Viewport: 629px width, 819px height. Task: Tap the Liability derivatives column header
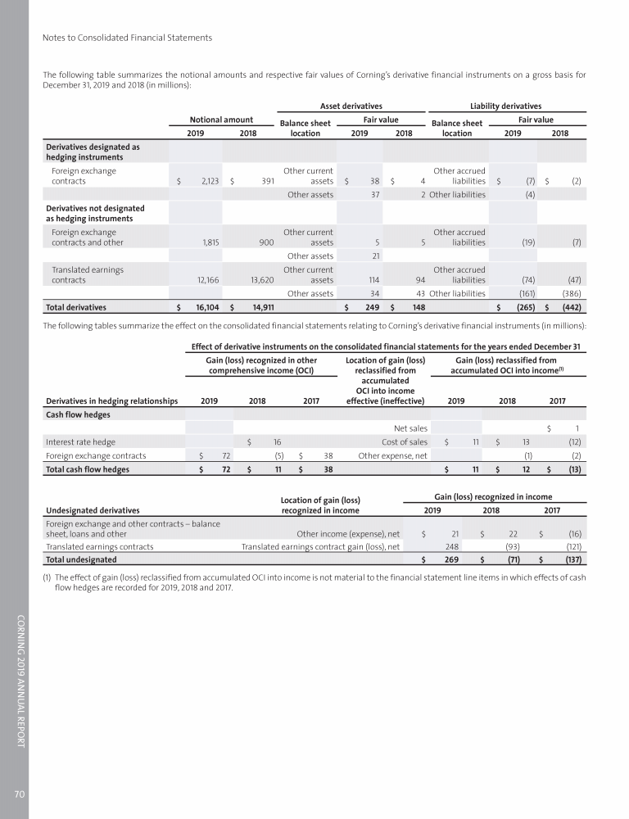pyautogui.click(x=505, y=105)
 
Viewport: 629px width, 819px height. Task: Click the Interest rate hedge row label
pyautogui.click(x=75, y=441)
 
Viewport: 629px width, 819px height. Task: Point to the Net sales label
pyautogui.click(x=410, y=427)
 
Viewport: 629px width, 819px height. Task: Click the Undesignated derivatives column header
pyautogui.click(x=93, y=509)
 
